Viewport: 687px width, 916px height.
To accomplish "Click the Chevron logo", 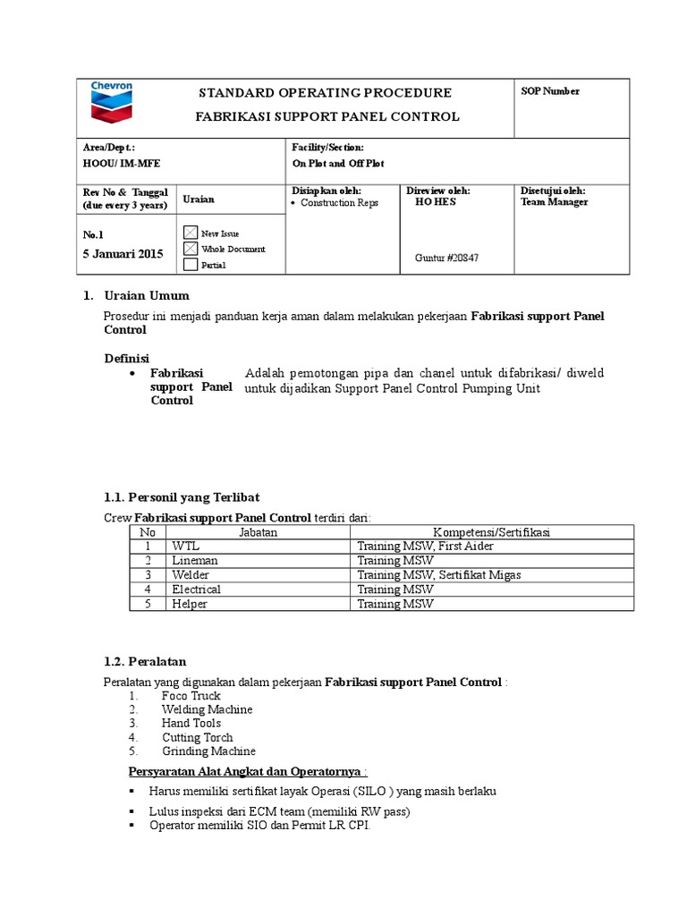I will pyautogui.click(x=112, y=103).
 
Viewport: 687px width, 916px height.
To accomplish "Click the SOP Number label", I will pyautogui.click(x=550, y=91).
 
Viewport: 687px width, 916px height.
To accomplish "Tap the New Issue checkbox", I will pyautogui.click(x=191, y=233).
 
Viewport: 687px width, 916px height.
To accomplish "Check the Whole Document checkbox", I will pyautogui.click(x=191, y=249).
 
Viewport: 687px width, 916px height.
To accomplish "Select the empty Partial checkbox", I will pyautogui.click(x=191, y=264).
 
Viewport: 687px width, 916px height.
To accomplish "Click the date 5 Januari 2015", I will pyautogui.click(x=122, y=254).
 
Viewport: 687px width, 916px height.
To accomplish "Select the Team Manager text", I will pyautogui.click(x=554, y=202).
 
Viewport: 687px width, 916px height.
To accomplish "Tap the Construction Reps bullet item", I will pyautogui.click(x=339, y=203).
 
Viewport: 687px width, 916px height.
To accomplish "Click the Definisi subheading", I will pyautogui.click(x=126, y=358).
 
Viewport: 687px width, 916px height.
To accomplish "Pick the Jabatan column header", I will pyautogui.click(x=259, y=532).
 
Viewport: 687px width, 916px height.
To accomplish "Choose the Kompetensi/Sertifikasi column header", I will pyautogui.click(x=491, y=532).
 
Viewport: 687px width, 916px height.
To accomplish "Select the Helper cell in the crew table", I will pyautogui.click(x=190, y=604).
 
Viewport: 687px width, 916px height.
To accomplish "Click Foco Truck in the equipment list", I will pyautogui.click(x=191, y=696).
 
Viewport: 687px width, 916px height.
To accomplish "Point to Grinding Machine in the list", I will pyautogui.click(x=208, y=751).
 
